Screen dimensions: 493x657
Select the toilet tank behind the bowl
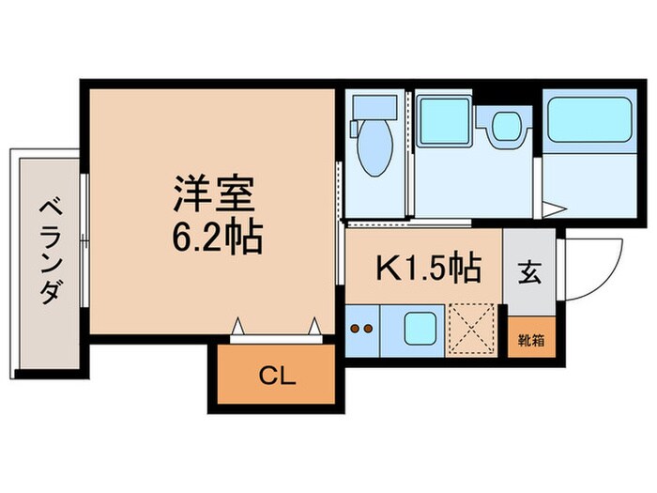click(369, 111)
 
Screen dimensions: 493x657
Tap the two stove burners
click(362, 329)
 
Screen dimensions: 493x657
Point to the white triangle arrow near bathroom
click(555, 208)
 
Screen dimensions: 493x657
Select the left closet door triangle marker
click(239, 326)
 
